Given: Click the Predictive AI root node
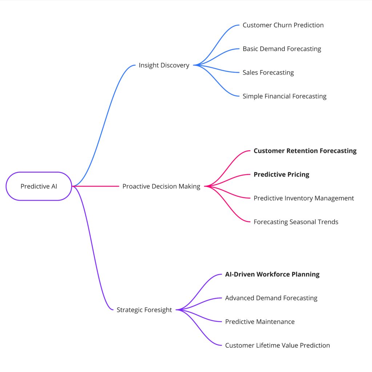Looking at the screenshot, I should click(39, 186).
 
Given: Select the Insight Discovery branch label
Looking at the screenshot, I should click(164, 65).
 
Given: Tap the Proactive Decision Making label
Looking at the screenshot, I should click(161, 186).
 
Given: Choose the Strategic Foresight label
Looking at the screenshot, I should click(144, 310).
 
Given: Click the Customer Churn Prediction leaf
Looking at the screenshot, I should click(283, 25).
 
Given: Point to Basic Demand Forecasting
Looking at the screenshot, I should click(282, 49).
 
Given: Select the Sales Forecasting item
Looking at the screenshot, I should click(268, 72).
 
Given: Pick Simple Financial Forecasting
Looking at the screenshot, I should click(284, 96).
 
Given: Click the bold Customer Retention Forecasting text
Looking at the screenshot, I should click(305, 151).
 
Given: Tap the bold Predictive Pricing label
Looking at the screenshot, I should click(281, 174).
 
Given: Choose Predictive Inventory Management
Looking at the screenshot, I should click(304, 198).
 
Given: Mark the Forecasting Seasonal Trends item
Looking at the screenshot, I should click(296, 222).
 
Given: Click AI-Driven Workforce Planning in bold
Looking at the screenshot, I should click(272, 274).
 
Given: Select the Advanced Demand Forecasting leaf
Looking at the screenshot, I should click(271, 298).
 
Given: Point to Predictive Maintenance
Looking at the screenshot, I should click(260, 322).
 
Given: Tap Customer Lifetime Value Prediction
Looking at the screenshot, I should click(278, 345).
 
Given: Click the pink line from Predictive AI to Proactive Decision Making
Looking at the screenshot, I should click(96, 186).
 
